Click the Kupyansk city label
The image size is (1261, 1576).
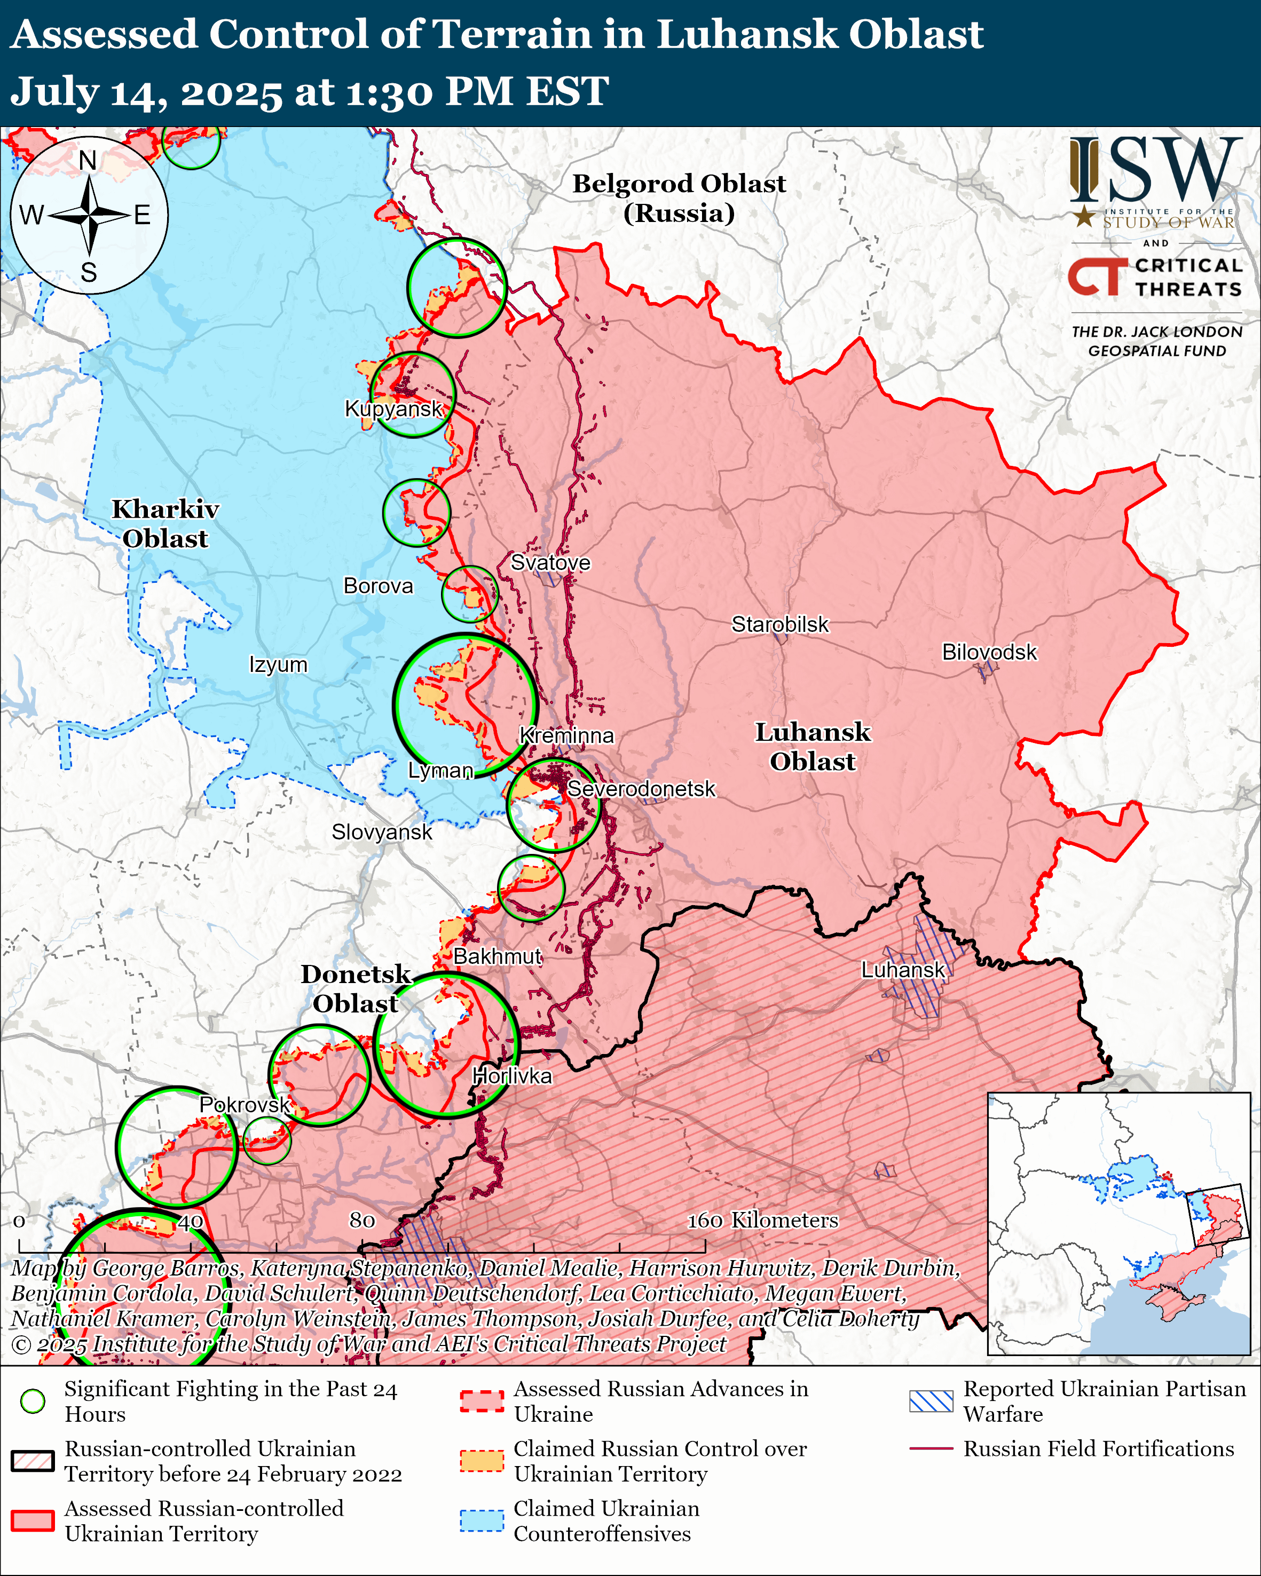pyautogui.click(x=393, y=409)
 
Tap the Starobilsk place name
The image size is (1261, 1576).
pyautogui.click(x=780, y=624)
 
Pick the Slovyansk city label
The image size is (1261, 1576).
pyautogui.click(x=382, y=832)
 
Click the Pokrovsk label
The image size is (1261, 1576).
pyautogui.click(x=245, y=1105)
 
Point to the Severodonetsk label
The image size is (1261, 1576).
pyautogui.click(x=641, y=789)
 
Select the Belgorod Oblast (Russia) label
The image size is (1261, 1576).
pyautogui.click(x=679, y=198)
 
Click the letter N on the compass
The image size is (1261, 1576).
pyautogui.click(x=88, y=160)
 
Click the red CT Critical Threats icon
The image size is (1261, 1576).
pyautogui.click(x=1097, y=276)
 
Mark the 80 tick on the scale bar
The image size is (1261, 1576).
pyautogui.click(x=362, y=1220)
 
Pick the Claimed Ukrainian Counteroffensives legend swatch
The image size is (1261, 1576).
pyautogui.click(x=482, y=1520)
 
